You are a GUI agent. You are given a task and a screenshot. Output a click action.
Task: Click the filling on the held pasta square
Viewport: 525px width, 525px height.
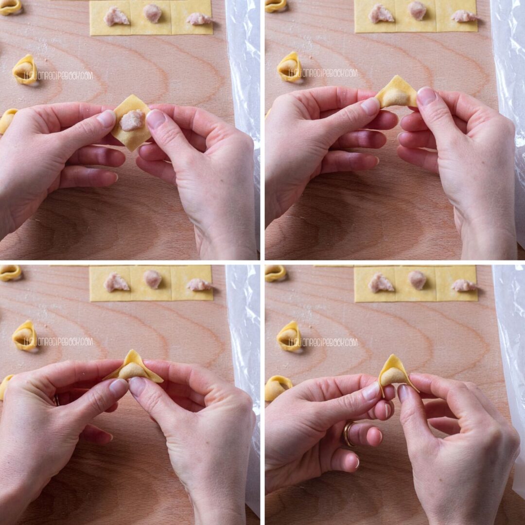(132, 120)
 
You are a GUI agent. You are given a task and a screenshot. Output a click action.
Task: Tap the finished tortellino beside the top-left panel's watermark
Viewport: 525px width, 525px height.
(24, 70)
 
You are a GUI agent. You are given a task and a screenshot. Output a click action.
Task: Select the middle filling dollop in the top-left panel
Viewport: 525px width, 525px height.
(152, 13)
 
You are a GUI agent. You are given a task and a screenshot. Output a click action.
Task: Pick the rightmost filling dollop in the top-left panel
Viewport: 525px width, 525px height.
(199, 18)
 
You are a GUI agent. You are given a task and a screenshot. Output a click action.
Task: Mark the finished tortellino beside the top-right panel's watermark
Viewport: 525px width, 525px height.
(289, 67)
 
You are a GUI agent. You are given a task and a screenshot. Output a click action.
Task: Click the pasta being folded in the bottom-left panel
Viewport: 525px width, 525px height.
(133, 367)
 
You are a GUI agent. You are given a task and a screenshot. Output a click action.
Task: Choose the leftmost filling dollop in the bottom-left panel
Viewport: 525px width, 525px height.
(115, 282)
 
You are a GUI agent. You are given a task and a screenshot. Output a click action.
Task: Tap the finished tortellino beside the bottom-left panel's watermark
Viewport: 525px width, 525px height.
(24, 335)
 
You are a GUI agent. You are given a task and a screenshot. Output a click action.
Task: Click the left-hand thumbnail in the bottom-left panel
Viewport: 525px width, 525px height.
(119, 387)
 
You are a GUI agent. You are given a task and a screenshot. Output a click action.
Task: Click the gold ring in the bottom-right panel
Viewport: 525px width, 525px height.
(348, 434)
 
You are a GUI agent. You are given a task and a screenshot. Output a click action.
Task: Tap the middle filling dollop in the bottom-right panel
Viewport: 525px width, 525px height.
(417, 280)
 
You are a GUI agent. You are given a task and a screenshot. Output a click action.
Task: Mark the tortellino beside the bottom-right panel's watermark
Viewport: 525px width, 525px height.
(289, 336)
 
